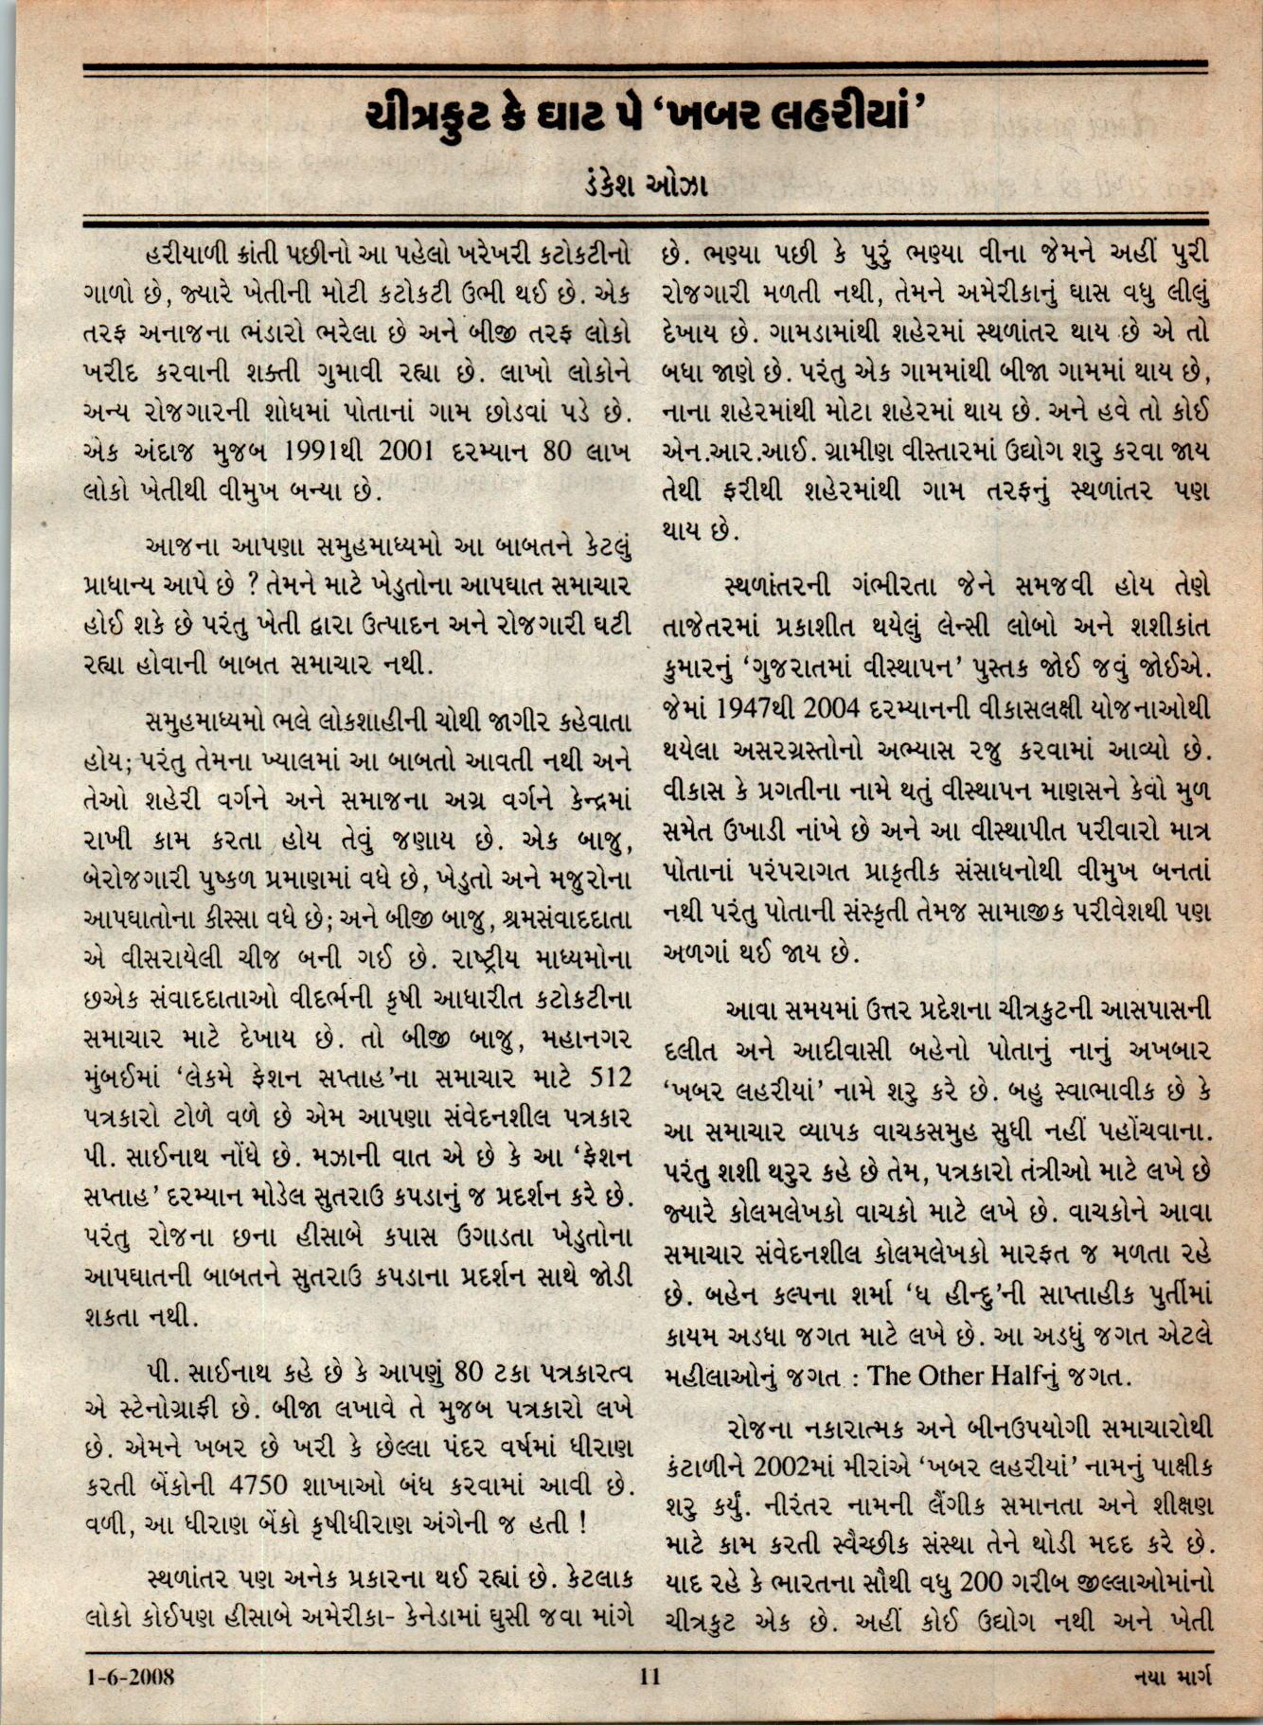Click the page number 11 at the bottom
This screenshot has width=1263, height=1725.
pyautogui.click(x=649, y=1676)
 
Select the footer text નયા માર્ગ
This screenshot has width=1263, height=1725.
pyautogui.click(x=1173, y=1676)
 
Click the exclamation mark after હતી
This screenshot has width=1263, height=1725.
pyautogui.click(x=581, y=1523)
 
